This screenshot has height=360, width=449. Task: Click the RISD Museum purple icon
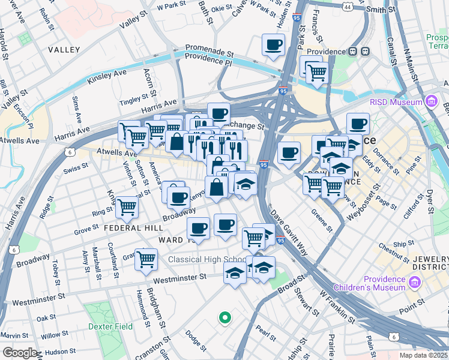tap(431, 103)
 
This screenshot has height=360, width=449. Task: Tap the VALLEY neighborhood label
tap(64, 49)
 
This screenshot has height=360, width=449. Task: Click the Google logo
tap(20, 353)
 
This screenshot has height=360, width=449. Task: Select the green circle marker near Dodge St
tap(224, 317)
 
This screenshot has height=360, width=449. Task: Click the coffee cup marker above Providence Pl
tap(273, 44)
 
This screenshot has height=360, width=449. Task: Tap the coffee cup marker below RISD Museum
tap(358, 124)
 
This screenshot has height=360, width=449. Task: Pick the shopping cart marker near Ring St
tap(127, 207)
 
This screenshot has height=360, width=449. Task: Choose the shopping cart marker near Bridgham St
tap(146, 259)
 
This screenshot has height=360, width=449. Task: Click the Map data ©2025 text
tap(422, 355)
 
